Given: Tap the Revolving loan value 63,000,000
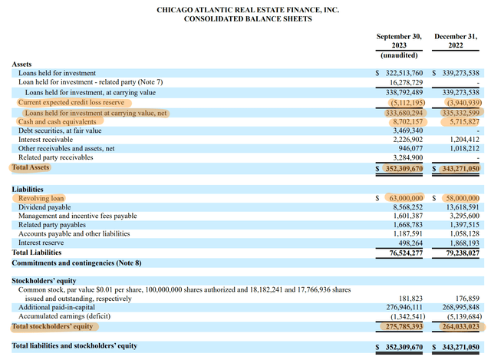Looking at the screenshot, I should [404, 197].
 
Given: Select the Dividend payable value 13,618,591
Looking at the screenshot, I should [461, 207].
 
